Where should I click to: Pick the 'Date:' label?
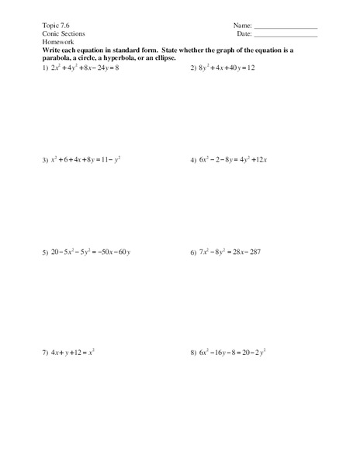point(244,34)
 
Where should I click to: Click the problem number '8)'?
point(193,352)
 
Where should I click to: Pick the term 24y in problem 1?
point(103,68)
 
